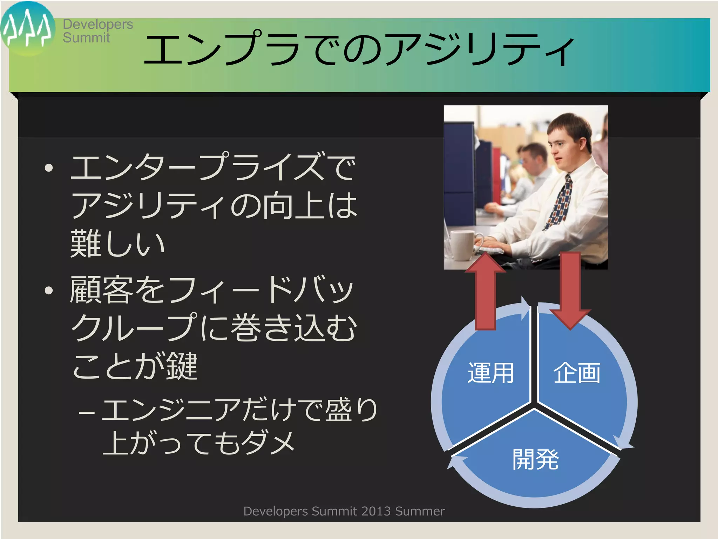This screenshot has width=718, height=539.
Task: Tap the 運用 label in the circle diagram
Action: pyautogui.click(x=491, y=373)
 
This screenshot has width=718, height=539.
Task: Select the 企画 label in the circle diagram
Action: pyautogui.click(x=577, y=373)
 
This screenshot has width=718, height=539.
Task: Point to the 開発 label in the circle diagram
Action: pyautogui.click(x=535, y=459)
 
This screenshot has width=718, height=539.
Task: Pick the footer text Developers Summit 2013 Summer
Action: pyautogui.click(x=344, y=511)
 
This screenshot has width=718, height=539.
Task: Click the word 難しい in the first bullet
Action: pyautogui.click(x=117, y=244)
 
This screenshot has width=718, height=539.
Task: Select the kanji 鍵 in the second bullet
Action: pyautogui.click(x=182, y=366)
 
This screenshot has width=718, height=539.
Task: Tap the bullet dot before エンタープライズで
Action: pyautogui.click(x=49, y=168)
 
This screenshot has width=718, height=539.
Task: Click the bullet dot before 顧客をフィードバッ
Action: pyautogui.click(x=49, y=290)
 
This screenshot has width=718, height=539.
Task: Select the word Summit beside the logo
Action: pyautogui.click(x=86, y=38)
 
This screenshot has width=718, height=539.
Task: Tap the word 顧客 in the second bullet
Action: pyautogui.click(x=100, y=290)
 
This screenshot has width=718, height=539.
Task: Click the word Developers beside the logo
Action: pyautogui.click(x=98, y=24)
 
